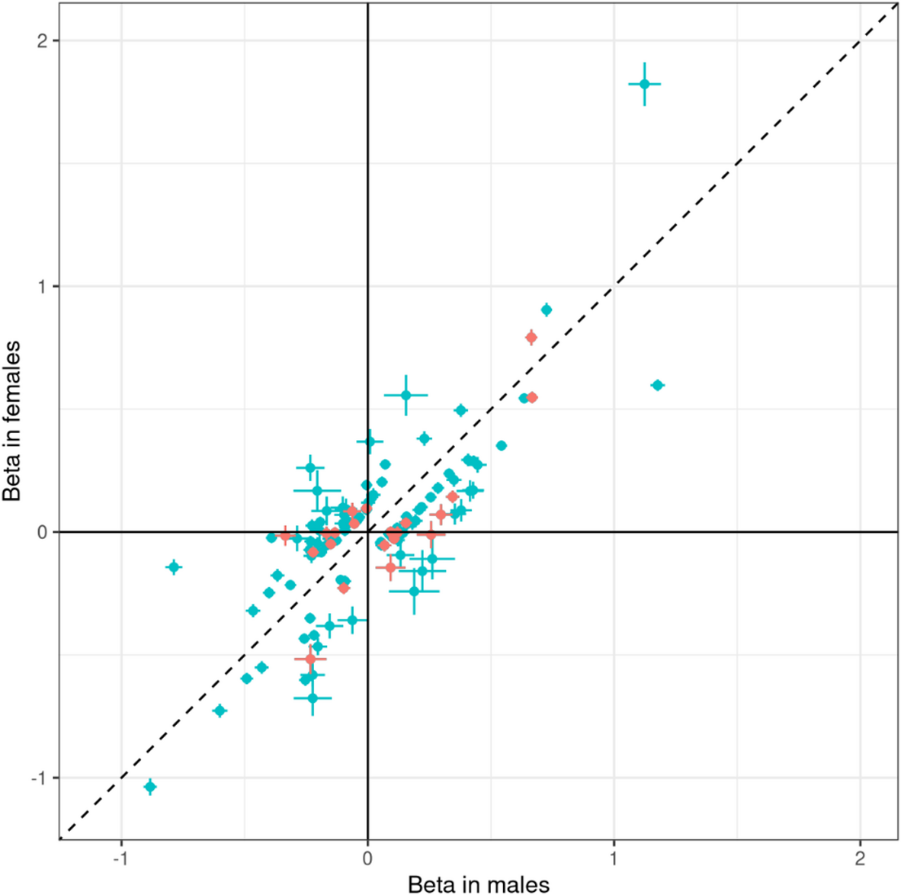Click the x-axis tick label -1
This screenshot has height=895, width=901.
coord(120,858)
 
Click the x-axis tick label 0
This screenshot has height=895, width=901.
coord(367,858)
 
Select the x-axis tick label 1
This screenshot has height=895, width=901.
coord(614,858)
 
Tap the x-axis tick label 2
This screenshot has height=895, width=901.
coord(860,858)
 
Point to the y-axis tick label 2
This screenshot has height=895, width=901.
coord(43,40)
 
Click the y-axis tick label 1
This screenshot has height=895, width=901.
coord(43,287)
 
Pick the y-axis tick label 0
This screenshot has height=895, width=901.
coord(43,532)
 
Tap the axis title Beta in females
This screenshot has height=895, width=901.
coord(12,421)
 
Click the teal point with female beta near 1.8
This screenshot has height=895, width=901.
coord(644,84)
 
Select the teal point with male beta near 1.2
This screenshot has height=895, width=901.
coord(657,385)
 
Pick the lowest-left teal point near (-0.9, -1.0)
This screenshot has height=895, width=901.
coord(150,786)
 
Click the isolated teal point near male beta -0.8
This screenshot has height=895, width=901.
coord(174,566)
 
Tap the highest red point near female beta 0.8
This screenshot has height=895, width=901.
coord(531,337)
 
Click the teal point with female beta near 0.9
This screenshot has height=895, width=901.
coord(546,310)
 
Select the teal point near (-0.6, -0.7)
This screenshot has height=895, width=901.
coord(220,711)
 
